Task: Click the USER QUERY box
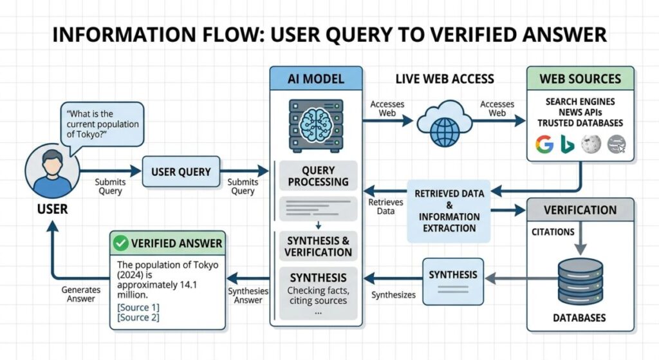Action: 181,172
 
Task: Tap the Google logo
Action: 544,145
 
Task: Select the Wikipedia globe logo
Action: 591,145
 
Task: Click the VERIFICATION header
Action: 580,210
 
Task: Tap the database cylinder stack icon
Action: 580,282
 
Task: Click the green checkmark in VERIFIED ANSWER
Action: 120,243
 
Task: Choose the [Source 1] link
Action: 138,307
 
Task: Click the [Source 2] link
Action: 138,317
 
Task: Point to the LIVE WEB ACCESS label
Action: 444,79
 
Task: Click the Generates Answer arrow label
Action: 80,294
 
